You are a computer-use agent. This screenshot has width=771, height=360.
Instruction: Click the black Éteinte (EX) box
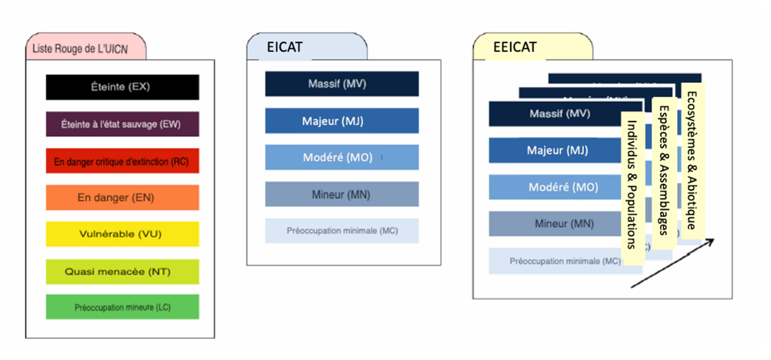click(x=122, y=87)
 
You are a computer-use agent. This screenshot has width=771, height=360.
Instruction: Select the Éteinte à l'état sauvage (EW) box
click(x=122, y=124)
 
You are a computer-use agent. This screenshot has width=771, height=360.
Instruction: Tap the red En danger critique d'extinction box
click(x=122, y=162)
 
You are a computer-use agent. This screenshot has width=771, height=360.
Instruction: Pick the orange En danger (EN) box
click(x=122, y=198)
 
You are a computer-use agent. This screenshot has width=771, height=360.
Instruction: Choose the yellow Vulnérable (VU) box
click(x=122, y=234)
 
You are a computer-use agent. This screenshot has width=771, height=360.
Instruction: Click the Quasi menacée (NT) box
click(x=122, y=272)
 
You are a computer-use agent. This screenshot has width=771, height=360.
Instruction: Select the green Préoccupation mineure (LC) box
click(x=122, y=307)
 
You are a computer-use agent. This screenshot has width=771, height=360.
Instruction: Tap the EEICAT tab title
click(x=515, y=47)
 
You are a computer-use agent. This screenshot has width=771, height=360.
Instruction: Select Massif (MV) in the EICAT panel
click(x=342, y=84)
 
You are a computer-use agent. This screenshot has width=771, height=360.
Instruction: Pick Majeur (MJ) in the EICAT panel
click(x=342, y=121)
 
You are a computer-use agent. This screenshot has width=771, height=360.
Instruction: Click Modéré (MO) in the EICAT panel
click(x=342, y=157)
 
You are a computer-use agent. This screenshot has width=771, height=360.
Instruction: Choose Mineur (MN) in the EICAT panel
click(x=342, y=194)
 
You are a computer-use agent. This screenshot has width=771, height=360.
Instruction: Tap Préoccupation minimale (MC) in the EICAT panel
click(x=342, y=231)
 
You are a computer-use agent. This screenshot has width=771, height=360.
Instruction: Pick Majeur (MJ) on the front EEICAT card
click(x=557, y=151)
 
